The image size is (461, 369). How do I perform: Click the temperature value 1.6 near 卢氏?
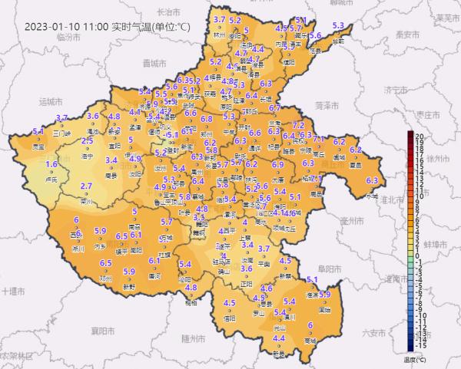(x=52, y=164)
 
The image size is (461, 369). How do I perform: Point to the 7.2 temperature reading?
(x=299, y=125)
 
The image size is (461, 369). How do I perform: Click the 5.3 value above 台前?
(x=337, y=26)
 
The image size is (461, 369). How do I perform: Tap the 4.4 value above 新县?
(x=279, y=338)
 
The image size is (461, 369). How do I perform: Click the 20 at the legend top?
(x=420, y=135)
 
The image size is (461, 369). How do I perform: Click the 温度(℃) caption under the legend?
(x=413, y=358)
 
